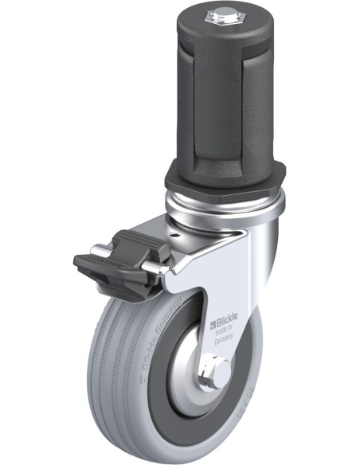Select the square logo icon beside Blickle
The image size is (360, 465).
213,323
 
